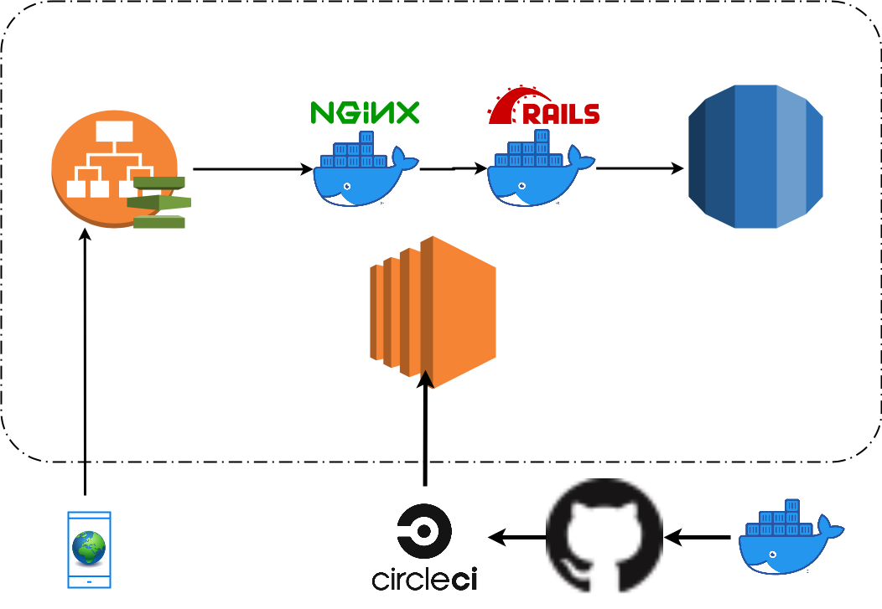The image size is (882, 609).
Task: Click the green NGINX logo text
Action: click(x=365, y=113)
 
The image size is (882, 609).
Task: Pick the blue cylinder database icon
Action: click(x=755, y=157)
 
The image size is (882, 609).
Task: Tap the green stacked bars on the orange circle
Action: click(x=159, y=202)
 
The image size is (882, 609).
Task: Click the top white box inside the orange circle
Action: click(x=114, y=132)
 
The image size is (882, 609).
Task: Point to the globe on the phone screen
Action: click(x=89, y=548)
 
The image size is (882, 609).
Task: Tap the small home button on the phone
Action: click(x=89, y=581)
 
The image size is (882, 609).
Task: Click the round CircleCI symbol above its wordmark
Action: click(x=424, y=531)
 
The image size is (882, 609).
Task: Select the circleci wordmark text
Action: click(x=424, y=579)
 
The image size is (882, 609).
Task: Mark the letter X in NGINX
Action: click(x=406, y=113)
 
